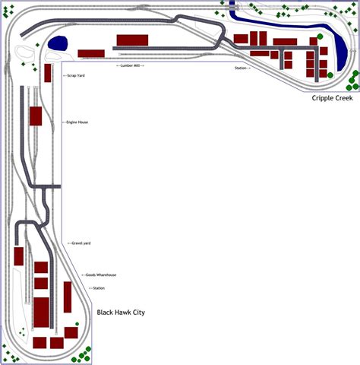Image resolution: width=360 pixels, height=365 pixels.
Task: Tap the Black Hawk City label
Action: [x=121, y=313]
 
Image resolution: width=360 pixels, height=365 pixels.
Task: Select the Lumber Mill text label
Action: [x=130, y=66]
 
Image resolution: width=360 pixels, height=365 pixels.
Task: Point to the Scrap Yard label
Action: [x=75, y=76]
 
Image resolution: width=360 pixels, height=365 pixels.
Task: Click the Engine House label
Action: [x=77, y=122]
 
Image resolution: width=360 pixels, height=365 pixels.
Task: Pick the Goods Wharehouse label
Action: [x=99, y=275]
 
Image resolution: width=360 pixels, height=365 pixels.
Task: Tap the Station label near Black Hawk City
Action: [x=97, y=288]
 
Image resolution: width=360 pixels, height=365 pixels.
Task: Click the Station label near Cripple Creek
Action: [x=242, y=68]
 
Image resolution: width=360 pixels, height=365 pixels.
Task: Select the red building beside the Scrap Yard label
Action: [x=48, y=73]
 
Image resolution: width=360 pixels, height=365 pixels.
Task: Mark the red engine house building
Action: [x=35, y=116]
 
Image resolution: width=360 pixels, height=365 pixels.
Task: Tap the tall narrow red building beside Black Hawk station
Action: [x=67, y=297]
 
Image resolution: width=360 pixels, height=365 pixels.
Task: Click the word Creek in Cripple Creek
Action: [x=346, y=98]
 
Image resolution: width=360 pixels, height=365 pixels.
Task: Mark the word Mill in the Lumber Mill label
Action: [x=138, y=66]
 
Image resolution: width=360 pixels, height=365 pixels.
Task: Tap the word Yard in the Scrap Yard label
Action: [x=80, y=76]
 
